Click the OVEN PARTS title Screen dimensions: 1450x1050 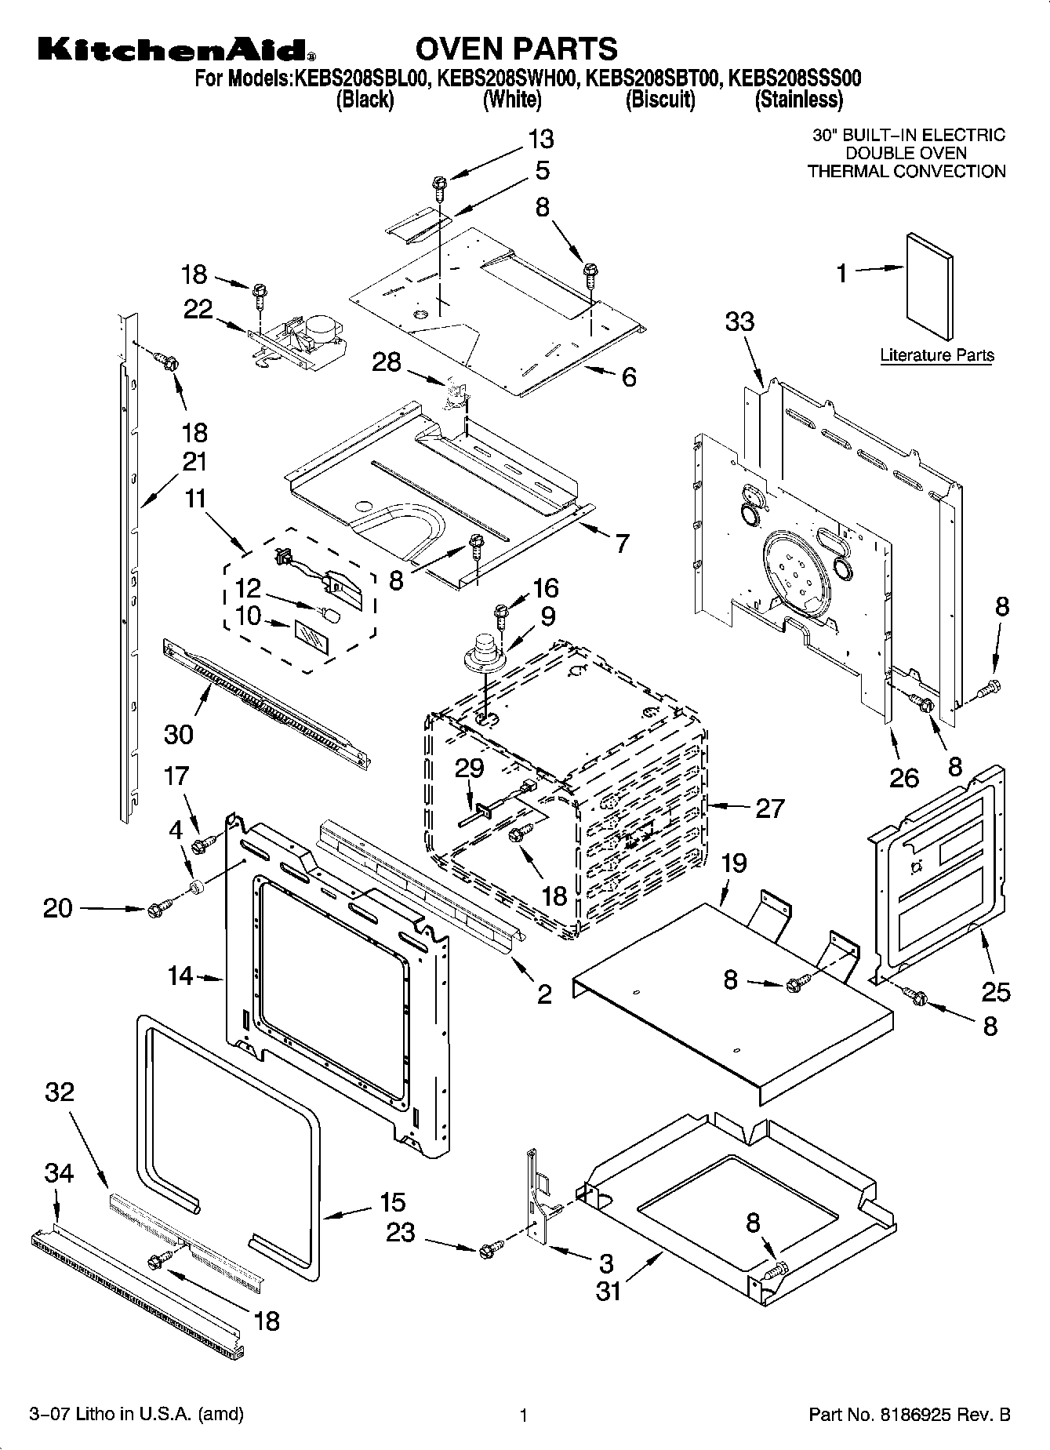point(516,49)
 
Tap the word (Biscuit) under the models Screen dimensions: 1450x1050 point(660,100)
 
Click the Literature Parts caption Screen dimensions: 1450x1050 point(936,355)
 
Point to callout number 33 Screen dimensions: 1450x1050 point(739,322)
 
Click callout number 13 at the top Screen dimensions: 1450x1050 point(540,139)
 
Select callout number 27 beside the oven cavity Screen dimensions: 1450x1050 point(768,808)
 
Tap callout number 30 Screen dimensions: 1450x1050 point(179,734)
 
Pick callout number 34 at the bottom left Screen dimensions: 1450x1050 point(59,1174)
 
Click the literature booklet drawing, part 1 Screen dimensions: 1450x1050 point(930,288)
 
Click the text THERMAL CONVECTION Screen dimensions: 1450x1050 point(906,171)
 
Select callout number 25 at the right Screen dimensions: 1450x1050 point(996,992)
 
